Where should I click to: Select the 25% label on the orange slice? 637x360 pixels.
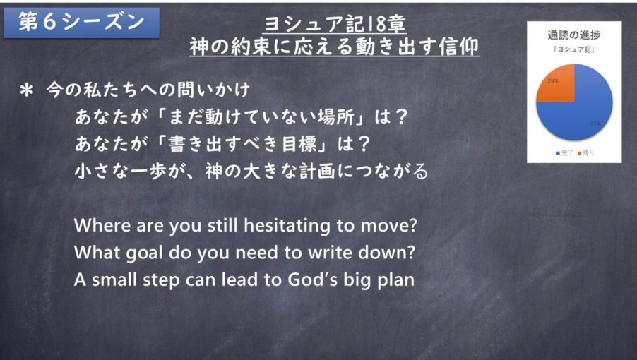553,80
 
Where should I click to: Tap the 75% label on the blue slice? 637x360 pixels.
596,124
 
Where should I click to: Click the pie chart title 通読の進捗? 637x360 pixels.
574,35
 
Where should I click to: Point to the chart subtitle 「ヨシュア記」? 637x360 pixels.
574,49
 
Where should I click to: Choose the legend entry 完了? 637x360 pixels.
565,153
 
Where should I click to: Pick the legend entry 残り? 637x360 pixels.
586,153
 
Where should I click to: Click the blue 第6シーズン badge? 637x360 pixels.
81,23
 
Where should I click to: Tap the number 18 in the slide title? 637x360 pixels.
376,24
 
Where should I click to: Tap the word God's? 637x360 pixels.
312,280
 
